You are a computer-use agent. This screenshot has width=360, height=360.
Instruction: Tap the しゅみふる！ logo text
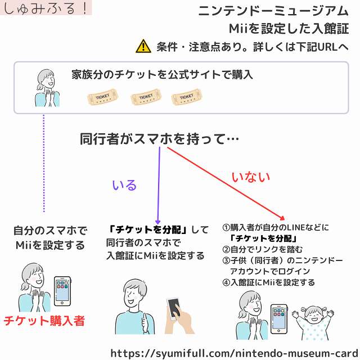coord(45,8)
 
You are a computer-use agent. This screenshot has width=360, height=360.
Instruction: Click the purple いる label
coord(124,185)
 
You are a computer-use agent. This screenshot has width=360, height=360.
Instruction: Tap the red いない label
coord(251,177)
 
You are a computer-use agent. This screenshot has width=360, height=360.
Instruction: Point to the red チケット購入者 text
coord(44,321)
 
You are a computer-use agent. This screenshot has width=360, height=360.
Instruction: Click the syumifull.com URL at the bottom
coord(233,353)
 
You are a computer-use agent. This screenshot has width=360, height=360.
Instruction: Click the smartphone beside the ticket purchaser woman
coord(61,292)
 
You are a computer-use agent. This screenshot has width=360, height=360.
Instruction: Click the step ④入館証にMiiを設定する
coord(269,282)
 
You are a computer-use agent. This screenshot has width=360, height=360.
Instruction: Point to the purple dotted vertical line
coord(44,163)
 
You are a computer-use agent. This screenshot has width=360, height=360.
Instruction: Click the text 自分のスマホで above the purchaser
coord(50,231)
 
